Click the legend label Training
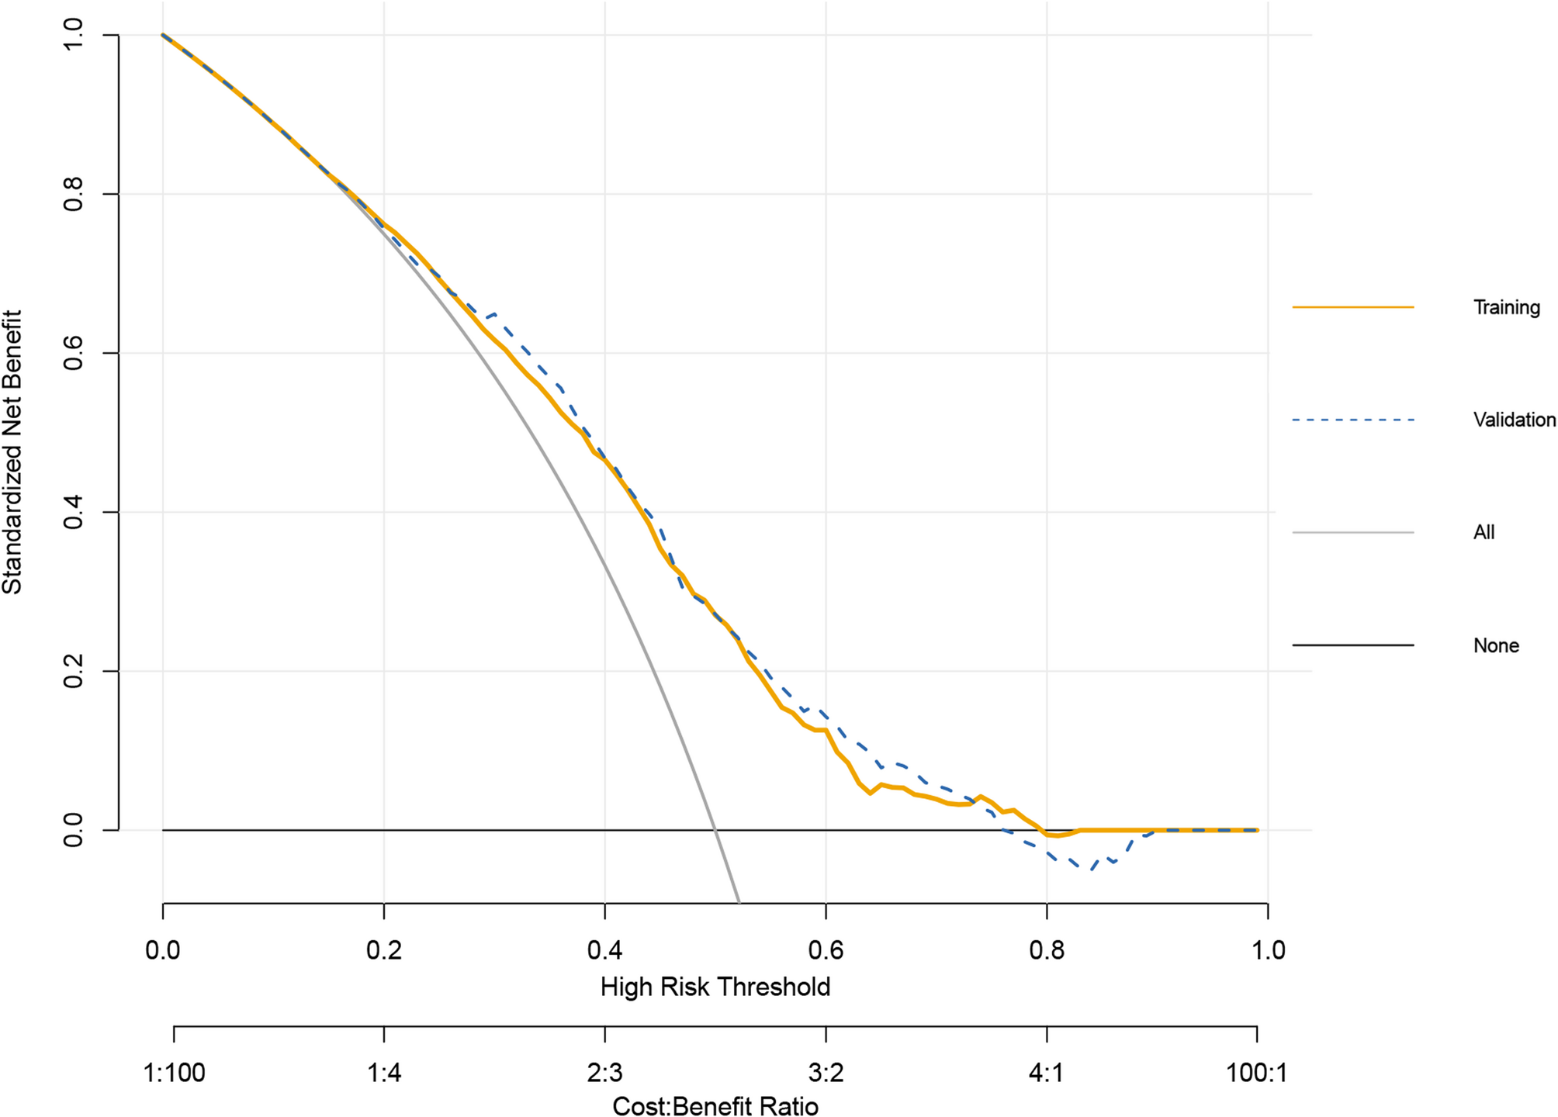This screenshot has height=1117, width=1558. pos(1506,308)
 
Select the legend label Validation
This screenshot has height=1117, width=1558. pos(1514,420)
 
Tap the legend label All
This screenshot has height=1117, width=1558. pos(1484,533)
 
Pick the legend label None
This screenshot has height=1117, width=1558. pos(1495,645)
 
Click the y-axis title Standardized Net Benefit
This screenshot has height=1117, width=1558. pos(13,452)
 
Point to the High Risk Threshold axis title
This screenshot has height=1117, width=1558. pos(715,987)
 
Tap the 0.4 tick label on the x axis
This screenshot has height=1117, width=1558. pos(604,950)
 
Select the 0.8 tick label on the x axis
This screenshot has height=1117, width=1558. pos(1047,950)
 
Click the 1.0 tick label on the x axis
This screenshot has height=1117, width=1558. pos(1268,950)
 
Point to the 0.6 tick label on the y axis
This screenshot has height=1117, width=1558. pos(74,353)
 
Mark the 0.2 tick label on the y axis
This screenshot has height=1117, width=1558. pos(74,671)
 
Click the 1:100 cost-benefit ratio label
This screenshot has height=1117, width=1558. pos(174,1074)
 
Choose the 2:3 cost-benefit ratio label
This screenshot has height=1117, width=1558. pos(604,1074)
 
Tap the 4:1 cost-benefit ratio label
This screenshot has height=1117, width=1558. pos(1047,1074)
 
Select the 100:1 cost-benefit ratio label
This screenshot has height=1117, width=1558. pos(1256,1074)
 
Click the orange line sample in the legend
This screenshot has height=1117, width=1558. pos(1352,308)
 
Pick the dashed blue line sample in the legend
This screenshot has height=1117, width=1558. pos(1352,420)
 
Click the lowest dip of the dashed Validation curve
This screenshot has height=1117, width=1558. pos(1091,870)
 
